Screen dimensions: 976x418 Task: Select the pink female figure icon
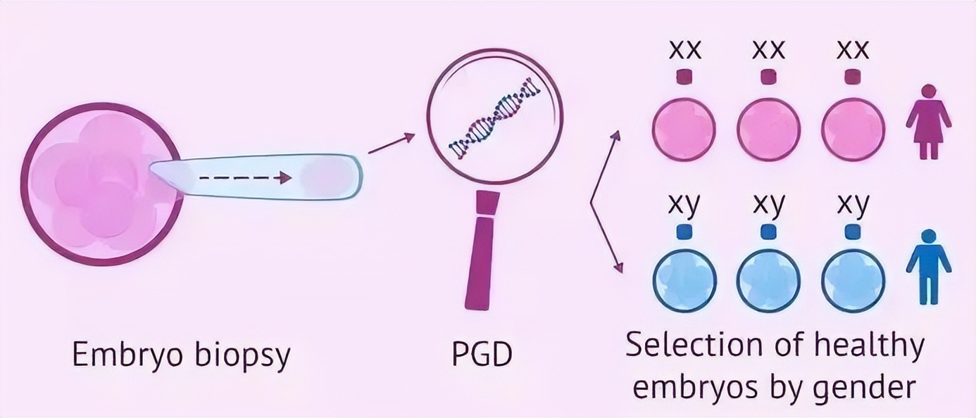[x=929, y=122]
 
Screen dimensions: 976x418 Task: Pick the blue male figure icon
[x=929, y=267]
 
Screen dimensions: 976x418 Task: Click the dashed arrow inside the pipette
[x=245, y=177]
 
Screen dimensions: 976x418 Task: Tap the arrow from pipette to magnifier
[x=392, y=144]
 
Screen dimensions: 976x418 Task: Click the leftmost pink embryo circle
[x=684, y=129]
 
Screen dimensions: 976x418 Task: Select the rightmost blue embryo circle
[x=853, y=279]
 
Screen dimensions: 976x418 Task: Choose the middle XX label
[x=768, y=50]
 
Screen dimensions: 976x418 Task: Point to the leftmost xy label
[x=684, y=204]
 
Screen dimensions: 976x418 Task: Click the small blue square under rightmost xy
[x=853, y=232]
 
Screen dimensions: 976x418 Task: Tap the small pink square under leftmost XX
[x=684, y=77]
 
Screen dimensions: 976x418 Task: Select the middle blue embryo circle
[x=768, y=279]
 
